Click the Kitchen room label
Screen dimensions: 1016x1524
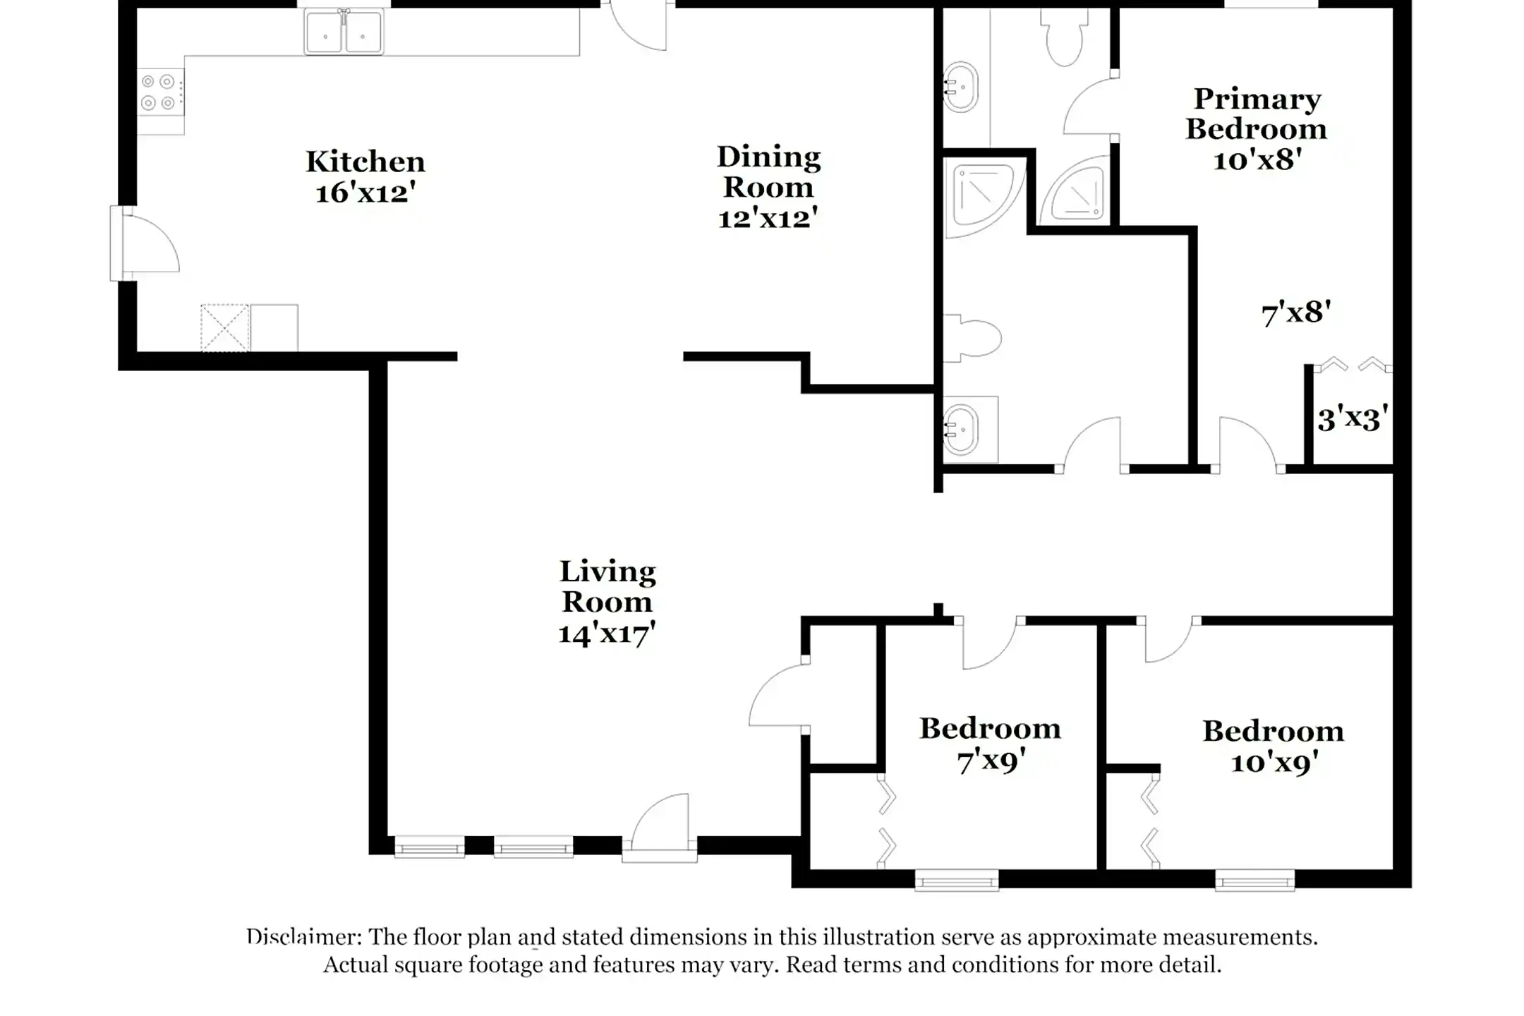(365, 162)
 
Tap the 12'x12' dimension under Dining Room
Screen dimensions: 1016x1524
(768, 218)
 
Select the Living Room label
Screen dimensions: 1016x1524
(607, 586)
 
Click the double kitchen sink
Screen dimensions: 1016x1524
(344, 32)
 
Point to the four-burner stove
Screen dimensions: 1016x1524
(159, 92)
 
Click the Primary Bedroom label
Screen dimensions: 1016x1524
(1256, 114)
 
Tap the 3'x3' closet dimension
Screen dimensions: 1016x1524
(1352, 419)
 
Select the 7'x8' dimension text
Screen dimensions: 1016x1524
(1295, 313)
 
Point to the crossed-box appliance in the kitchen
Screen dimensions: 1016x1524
(224, 328)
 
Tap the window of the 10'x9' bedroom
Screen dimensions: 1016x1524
(1254, 880)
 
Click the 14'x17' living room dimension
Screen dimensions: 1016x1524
(607, 633)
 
